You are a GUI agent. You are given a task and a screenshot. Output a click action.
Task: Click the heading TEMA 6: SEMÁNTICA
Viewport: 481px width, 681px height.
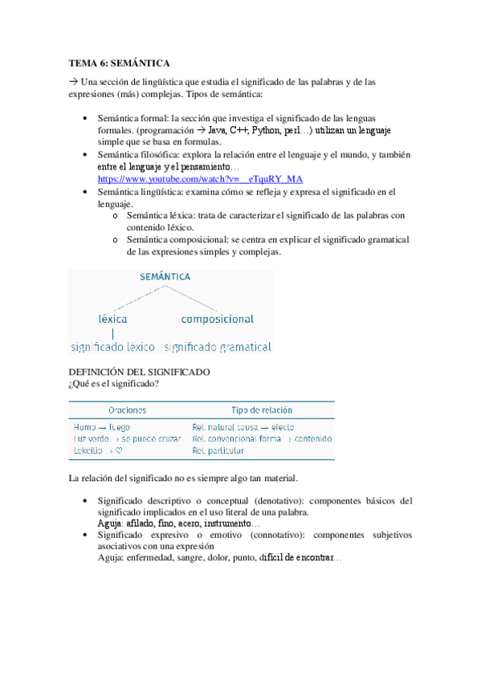pos(120,62)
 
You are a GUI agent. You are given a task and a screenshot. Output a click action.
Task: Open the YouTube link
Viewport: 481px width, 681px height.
pos(200,179)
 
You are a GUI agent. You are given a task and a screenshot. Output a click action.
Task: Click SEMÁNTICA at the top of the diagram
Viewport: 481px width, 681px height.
pos(165,276)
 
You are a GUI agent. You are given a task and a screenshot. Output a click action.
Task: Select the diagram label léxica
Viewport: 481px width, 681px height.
pos(112,318)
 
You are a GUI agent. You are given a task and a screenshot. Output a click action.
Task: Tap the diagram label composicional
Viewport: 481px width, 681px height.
pos(217,319)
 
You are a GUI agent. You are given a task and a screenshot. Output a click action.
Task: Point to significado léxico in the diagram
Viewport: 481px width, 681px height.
pos(112,348)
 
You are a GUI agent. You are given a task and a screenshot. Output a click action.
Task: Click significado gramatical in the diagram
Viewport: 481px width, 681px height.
pos(218,348)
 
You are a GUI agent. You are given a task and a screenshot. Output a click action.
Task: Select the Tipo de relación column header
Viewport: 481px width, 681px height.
pos(262,410)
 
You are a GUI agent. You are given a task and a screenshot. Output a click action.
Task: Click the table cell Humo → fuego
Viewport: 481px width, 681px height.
pos(102,427)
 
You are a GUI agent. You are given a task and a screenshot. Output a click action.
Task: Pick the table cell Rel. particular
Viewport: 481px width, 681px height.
pos(218,451)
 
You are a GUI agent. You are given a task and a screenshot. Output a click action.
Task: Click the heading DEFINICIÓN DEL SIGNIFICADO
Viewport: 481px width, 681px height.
pos(140,373)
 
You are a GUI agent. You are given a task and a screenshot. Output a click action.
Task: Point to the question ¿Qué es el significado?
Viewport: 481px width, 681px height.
pos(114,385)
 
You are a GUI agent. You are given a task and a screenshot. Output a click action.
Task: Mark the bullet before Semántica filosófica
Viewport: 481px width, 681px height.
pos(86,153)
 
